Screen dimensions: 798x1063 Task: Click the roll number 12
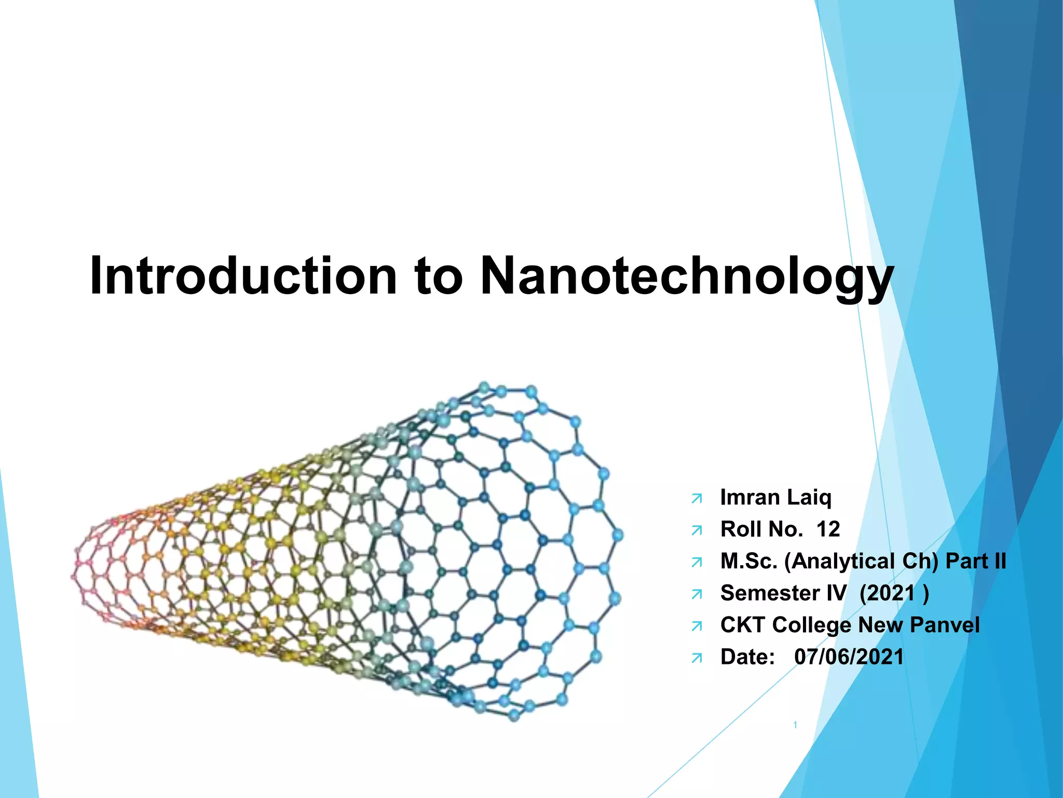coord(828,529)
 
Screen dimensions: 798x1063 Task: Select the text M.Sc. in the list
coord(748,561)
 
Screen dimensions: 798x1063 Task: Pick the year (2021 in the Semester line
coord(887,593)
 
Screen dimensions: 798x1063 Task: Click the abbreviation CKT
coord(742,625)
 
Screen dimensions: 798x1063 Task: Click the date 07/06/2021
coord(849,657)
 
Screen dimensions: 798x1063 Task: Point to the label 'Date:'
coord(747,657)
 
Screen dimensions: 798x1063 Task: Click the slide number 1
coord(795,725)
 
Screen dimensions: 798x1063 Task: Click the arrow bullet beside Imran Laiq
coord(697,499)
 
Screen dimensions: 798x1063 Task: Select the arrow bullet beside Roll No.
coord(697,531)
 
